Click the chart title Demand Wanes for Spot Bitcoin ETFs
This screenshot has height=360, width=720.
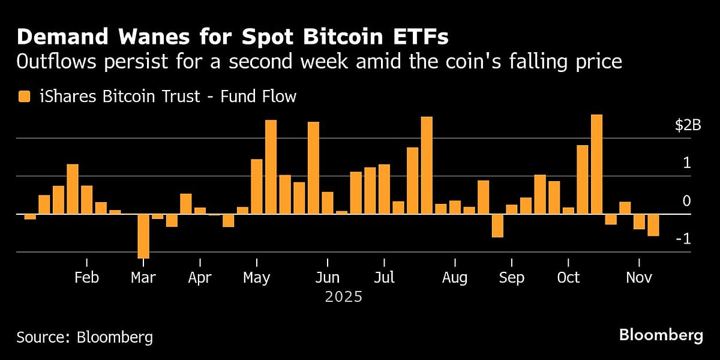click(232, 37)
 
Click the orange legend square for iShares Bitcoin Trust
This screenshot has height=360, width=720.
click(24, 96)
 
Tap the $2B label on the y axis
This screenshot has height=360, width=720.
click(688, 125)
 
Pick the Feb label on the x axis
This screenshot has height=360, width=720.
click(86, 278)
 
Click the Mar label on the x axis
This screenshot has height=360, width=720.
click(143, 278)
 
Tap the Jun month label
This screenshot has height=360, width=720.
click(328, 278)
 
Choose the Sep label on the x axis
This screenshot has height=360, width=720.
click(511, 278)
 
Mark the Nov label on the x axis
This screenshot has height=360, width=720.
click(638, 278)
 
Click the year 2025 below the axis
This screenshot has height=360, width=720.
click(343, 296)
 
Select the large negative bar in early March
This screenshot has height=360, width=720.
click(143, 236)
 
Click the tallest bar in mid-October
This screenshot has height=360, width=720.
click(596, 164)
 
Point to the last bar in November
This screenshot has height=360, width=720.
click(653, 225)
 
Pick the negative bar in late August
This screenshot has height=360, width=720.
click(497, 226)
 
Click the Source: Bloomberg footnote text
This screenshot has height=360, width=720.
click(85, 337)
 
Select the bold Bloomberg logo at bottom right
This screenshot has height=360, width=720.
click(661, 335)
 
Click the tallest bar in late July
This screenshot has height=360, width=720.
click(427, 166)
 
